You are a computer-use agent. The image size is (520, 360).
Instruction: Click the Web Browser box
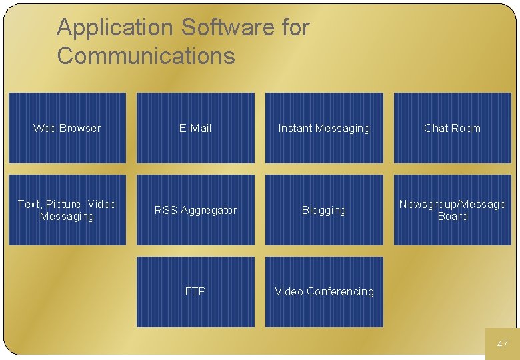click(67, 128)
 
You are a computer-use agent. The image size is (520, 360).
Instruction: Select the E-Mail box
click(195, 128)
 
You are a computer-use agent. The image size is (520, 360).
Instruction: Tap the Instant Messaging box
click(324, 128)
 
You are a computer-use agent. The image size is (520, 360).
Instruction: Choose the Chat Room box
click(453, 128)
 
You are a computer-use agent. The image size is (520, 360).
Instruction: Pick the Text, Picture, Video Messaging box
click(67, 210)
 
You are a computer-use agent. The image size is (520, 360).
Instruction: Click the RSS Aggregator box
click(195, 210)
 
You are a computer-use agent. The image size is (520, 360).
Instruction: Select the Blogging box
click(324, 210)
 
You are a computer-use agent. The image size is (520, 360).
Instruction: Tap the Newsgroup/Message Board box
click(453, 210)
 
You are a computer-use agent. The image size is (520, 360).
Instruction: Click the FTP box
click(195, 291)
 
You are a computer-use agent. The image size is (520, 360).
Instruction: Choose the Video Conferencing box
click(324, 291)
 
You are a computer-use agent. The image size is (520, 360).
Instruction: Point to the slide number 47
click(503, 344)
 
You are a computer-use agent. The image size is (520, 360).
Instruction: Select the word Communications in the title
click(146, 56)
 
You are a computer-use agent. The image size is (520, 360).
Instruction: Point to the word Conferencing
click(340, 291)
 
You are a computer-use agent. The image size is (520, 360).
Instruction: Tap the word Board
click(453, 217)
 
